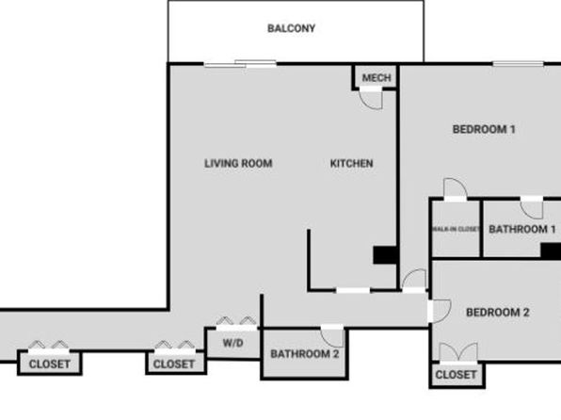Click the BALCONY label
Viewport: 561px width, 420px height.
click(291, 28)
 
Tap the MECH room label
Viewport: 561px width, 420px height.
click(377, 78)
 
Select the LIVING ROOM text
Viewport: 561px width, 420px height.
click(238, 164)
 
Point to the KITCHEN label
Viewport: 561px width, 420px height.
click(351, 164)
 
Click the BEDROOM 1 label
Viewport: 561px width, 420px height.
click(484, 129)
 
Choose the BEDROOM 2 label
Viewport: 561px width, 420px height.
click(497, 313)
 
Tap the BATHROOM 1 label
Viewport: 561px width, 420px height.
click(522, 229)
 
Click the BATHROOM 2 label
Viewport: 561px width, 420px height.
click(304, 354)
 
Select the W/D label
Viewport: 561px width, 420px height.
click(232, 343)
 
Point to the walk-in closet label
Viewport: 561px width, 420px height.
click(457, 229)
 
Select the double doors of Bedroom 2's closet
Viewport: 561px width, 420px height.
click(458, 352)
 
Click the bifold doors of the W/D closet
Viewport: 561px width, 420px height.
click(236, 321)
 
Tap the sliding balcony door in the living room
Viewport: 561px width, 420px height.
click(240, 64)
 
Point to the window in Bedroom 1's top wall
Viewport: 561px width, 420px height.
click(518, 64)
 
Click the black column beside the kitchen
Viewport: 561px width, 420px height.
click(385, 255)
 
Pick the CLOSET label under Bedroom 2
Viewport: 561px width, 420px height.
click(456, 375)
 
